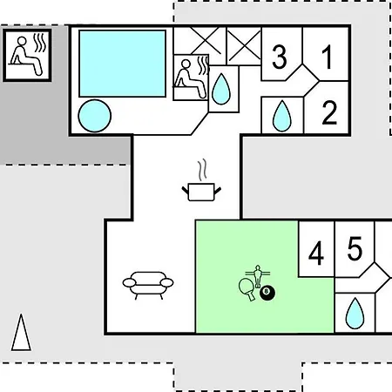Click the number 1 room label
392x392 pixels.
(x=328, y=57)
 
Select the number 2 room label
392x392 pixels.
(x=329, y=112)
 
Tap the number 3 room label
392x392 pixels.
(x=280, y=57)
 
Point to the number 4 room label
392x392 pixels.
(x=316, y=253)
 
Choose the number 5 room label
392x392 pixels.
(x=355, y=248)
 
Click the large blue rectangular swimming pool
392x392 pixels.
(x=123, y=64)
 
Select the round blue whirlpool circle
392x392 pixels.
(x=95, y=116)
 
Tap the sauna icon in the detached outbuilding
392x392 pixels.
(x=28, y=54)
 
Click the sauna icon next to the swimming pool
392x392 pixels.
(x=191, y=77)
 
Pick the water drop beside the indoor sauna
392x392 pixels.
(x=221, y=89)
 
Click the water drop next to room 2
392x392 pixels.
(x=282, y=116)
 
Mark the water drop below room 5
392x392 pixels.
(x=355, y=314)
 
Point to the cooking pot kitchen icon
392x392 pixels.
(x=201, y=192)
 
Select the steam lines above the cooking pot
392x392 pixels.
(x=202, y=169)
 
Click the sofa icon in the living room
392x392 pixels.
(x=148, y=285)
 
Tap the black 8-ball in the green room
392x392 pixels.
(x=267, y=293)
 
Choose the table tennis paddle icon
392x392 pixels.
(x=247, y=289)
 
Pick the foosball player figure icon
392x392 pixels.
(x=258, y=275)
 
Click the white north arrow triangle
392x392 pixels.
(x=21, y=332)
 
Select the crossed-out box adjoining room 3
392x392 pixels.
(x=244, y=46)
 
